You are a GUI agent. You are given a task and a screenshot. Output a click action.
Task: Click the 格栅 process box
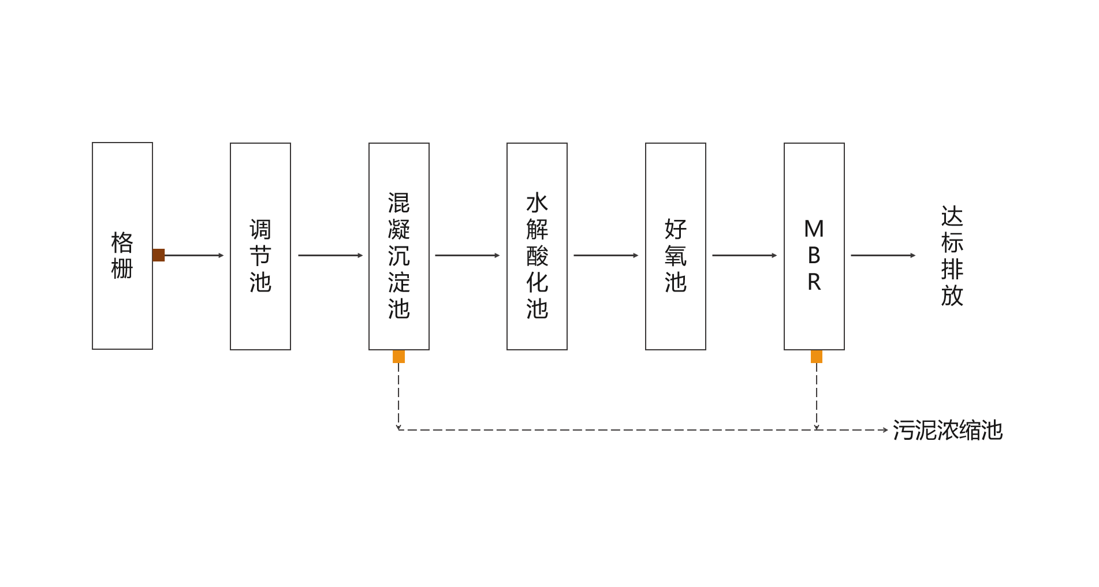point(122,246)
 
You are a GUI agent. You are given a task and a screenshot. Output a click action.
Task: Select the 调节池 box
point(260,246)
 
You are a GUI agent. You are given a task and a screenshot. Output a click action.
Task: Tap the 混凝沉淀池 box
point(399,246)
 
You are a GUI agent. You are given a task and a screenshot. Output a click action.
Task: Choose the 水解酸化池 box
point(537,246)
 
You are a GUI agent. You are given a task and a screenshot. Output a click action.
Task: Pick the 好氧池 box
point(676,246)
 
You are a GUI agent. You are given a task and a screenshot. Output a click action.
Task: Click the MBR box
point(814,246)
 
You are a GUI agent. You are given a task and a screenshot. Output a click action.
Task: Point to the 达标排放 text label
point(952,256)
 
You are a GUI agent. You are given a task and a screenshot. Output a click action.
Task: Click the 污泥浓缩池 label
point(948,431)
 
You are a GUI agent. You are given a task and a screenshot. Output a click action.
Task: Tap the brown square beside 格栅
point(159,255)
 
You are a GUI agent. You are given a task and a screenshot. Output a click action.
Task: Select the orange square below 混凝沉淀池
point(398,357)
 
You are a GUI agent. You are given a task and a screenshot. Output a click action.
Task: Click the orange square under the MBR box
point(817,357)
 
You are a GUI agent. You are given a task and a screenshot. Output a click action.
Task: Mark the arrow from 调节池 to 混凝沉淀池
point(330,255)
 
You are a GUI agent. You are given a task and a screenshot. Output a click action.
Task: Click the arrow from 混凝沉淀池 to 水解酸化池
point(467,255)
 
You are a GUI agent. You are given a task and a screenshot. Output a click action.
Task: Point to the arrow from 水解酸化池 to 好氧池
point(606,255)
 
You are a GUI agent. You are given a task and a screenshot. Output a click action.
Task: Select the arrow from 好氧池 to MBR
point(744,255)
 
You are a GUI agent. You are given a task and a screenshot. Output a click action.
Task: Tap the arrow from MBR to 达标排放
point(883,255)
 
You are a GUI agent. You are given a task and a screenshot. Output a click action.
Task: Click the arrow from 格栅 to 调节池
point(194,255)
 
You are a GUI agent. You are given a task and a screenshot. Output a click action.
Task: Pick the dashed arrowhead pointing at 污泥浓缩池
point(885,430)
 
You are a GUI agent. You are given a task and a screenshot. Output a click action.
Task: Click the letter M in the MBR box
point(814,230)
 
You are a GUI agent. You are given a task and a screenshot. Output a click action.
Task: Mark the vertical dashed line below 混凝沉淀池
point(398,396)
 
